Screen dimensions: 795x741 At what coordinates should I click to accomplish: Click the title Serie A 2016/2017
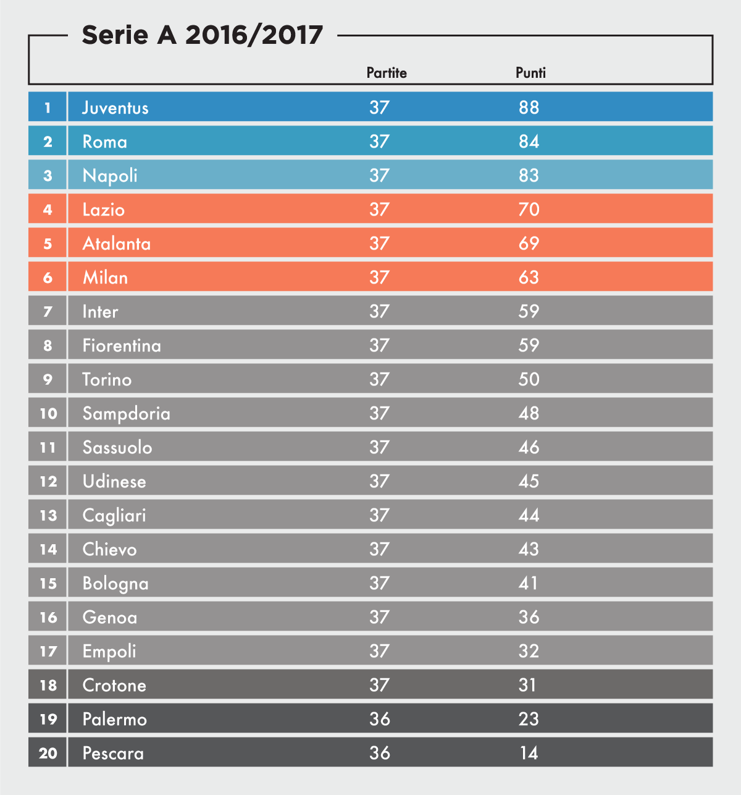(202, 35)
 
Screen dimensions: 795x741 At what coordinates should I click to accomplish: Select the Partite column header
(387, 73)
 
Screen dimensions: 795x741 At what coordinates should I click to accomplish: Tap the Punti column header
(530, 73)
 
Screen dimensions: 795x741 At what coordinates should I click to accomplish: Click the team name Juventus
(115, 107)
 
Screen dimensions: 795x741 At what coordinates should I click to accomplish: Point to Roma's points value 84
(529, 141)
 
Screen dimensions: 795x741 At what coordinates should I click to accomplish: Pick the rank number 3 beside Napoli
(48, 175)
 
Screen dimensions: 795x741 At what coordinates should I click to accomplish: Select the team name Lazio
(104, 209)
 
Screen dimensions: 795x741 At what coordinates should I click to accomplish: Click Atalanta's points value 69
(529, 243)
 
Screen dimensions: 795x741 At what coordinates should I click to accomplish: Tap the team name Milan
(105, 277)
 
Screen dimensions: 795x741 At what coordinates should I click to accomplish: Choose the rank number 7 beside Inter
(48, 311)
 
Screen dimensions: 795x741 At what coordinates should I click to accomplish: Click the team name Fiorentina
(122, 345)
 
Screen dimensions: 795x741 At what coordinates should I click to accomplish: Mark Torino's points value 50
(529, 379)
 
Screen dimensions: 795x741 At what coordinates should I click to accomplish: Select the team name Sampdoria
(126, 413)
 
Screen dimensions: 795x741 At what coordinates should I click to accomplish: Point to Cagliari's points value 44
(529, 515)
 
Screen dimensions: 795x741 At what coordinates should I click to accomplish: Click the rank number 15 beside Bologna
(48, 583)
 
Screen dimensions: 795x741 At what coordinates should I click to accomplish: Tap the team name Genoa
(110, 617)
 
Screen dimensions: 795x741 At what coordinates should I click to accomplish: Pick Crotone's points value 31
(527, 685)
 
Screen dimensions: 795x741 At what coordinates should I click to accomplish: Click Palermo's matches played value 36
(379, 719)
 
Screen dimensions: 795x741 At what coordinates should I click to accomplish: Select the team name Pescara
(113, 753)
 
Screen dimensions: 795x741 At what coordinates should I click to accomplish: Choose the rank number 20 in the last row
(48, 753)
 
